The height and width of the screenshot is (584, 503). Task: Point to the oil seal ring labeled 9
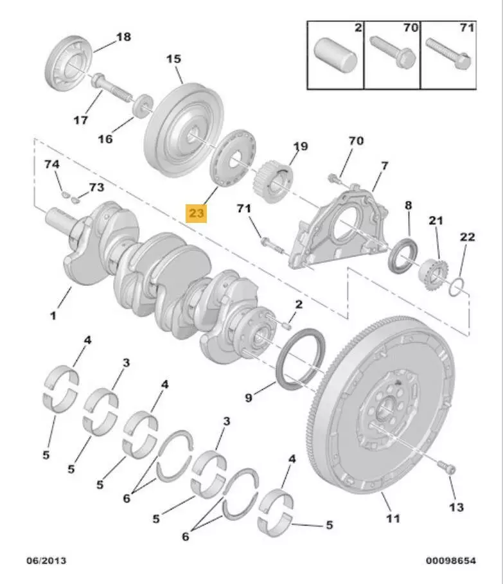300,360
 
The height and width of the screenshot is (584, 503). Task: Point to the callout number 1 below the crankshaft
53,315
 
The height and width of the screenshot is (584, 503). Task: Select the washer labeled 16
143,106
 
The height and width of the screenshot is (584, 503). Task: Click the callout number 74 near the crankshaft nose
52,165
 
